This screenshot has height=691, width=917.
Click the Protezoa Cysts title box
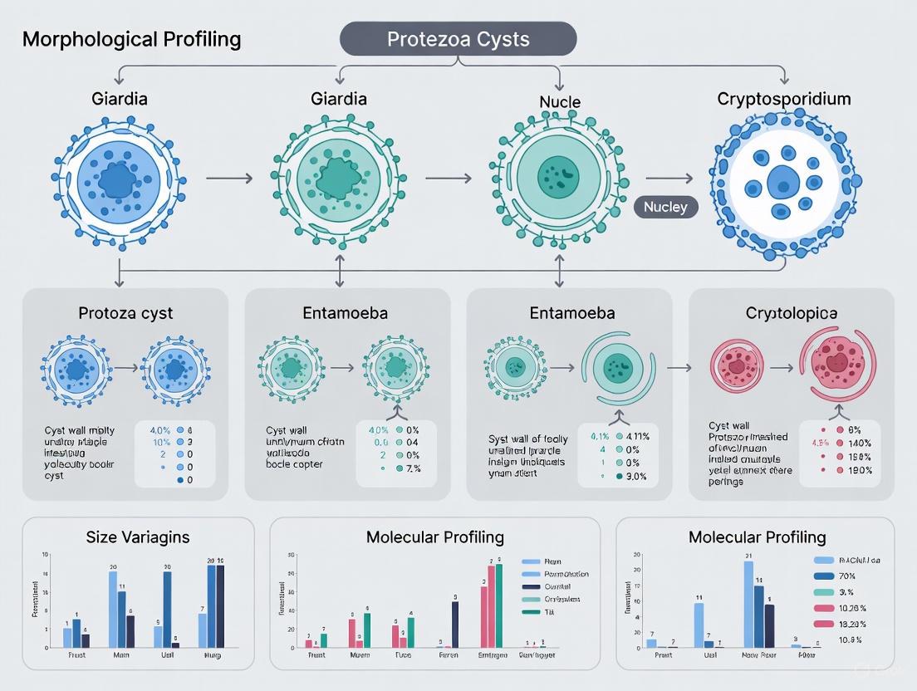458,40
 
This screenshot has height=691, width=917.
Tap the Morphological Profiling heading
132,39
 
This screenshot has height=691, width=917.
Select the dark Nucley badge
666,207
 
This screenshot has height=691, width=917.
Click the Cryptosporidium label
784,100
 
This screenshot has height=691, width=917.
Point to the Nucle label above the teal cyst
559,102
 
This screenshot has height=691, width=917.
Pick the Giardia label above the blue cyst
120,100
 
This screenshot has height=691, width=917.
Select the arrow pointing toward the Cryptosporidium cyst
669,178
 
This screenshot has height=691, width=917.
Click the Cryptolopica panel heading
792,313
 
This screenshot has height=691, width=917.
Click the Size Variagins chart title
138,537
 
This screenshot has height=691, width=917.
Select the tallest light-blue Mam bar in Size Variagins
113,609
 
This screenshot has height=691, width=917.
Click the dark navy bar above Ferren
454,624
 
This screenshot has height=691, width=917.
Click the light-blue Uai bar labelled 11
699,625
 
